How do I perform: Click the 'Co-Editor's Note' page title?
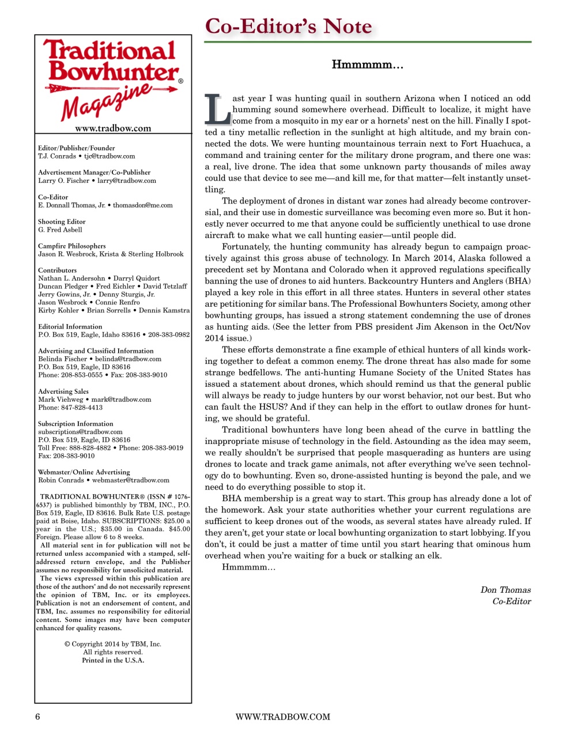(x=288, y=27)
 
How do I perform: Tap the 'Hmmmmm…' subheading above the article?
(x=367, y=65)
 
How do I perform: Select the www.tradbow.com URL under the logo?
(x=113, y=128)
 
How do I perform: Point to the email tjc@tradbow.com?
(x=110, y=156)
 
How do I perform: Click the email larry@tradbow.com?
(x=126, y=180)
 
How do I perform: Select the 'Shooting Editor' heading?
(x=62, y=221)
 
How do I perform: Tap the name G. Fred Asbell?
(x=60, y=229)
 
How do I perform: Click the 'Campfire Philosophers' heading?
(x=72, y=246)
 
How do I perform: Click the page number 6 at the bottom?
(x=38, y=717)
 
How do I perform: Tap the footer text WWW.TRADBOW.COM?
(x=282, y=717)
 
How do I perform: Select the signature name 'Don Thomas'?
(x=505, y=589)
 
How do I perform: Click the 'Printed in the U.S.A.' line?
(x=113, y=660)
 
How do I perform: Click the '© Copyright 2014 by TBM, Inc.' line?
(x=113, y=644)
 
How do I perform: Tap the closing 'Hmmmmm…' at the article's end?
(x=248, y=567)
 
